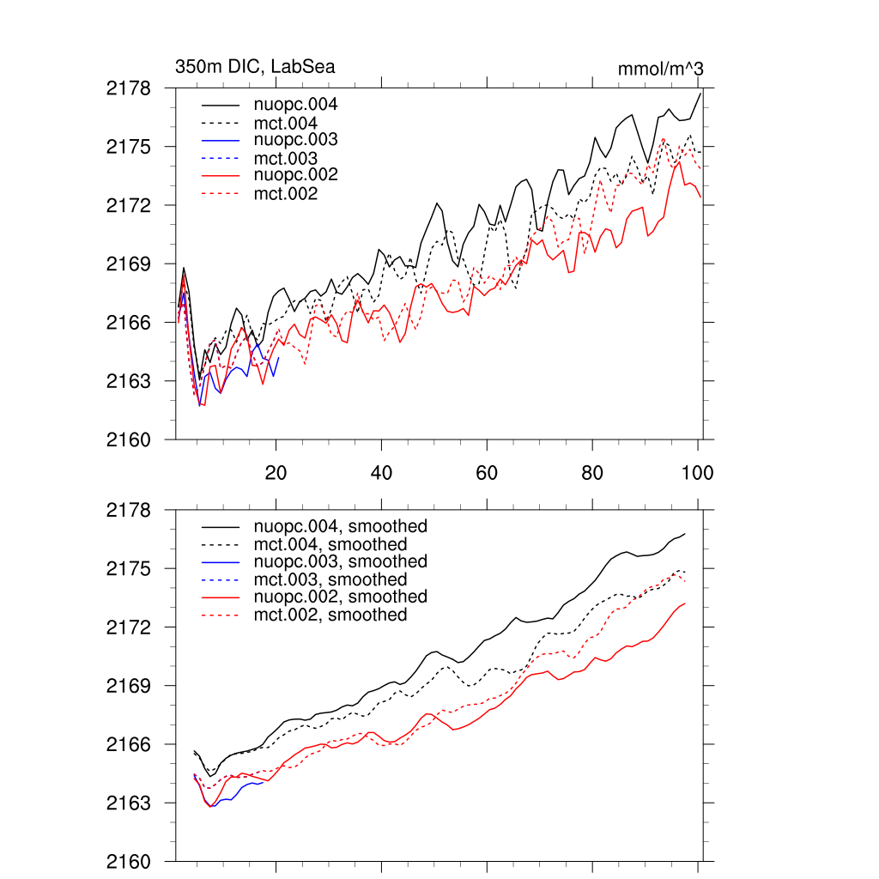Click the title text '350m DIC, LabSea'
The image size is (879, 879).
255,66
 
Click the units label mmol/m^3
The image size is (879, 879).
661,68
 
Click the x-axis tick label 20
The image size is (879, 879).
276,472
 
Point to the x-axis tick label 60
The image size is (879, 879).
487,472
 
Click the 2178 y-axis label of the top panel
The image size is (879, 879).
129,88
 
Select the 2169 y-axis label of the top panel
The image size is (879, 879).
129,264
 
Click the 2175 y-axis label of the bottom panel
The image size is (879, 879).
129,569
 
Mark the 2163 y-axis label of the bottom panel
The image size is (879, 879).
129,803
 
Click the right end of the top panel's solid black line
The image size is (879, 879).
701,92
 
